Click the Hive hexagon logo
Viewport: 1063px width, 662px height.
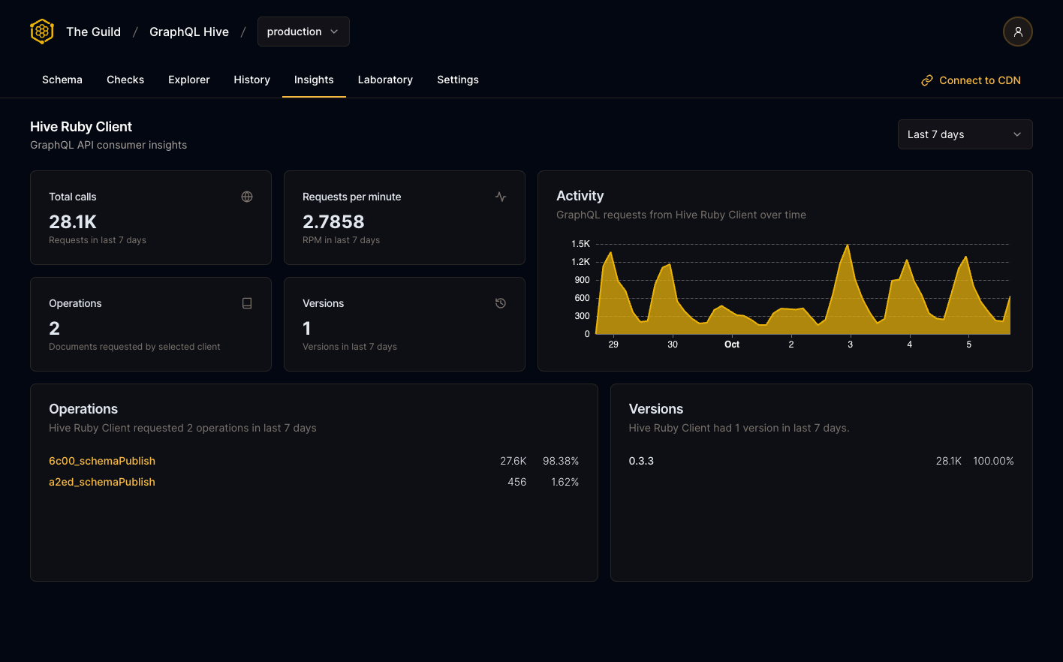tap(42, 32)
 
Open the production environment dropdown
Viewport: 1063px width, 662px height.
tap(303, 32)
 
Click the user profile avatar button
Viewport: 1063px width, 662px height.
tap(1017, 32)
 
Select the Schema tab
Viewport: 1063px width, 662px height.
tap(62, 80)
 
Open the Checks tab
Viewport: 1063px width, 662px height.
tap(125, 80)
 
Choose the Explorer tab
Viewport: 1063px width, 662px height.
tap(189, 80)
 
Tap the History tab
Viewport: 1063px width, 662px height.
tap(251, 80)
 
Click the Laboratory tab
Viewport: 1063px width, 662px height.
tap(385, 80)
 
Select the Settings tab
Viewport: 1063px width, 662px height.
tap(458, 80)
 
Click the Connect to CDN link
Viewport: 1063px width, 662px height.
tap(971, 80)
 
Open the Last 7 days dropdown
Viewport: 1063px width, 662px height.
tap(965, 134)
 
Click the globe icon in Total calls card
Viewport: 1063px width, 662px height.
tap(247, 197)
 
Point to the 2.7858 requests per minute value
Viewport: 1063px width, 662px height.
tap(333, 221)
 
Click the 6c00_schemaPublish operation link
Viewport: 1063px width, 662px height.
tap(102, 461)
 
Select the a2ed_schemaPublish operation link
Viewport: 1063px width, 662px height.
tap(102, 482)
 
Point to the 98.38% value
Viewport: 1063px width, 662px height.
tap(561, 461)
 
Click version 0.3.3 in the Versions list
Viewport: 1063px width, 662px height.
tap(641, 461)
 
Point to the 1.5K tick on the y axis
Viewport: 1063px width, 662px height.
tap(580, 244)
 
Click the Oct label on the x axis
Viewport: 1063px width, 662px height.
tap(732, 345)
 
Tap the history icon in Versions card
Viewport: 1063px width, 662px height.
tap(501, 303)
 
